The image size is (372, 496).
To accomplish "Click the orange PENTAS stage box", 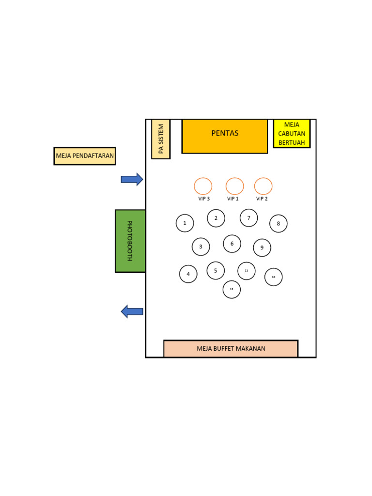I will pos(225,136).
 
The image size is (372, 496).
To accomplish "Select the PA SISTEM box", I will pos(161,139).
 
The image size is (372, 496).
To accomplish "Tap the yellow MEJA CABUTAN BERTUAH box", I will pos(292,134).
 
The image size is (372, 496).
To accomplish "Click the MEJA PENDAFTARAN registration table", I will pos(85,156).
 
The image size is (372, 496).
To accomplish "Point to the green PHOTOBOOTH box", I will pos(130,241).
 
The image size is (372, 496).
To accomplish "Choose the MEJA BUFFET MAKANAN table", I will pos(231,349).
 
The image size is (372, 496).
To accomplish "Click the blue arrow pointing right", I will pos(132,179).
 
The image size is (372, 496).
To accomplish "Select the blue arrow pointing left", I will pos(132,311).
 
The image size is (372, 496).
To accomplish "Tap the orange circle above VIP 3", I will pos(203,186).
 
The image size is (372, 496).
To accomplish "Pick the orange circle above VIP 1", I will pos(235,186).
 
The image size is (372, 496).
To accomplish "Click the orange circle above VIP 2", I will pos(263,186).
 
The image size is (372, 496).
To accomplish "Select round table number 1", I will pos(185,223).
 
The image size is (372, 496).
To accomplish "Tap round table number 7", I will pos(249,218).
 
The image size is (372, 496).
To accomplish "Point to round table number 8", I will pos(279,224).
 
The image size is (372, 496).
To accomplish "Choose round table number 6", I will pos(232,244).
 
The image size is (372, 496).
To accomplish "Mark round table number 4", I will pos(188,274).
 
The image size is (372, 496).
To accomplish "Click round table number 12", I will pos(232,289).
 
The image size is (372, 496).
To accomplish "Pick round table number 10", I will pos(274,277).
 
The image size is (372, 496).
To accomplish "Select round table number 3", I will pos(201,247).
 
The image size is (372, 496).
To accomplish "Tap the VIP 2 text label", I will pos(262,199).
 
